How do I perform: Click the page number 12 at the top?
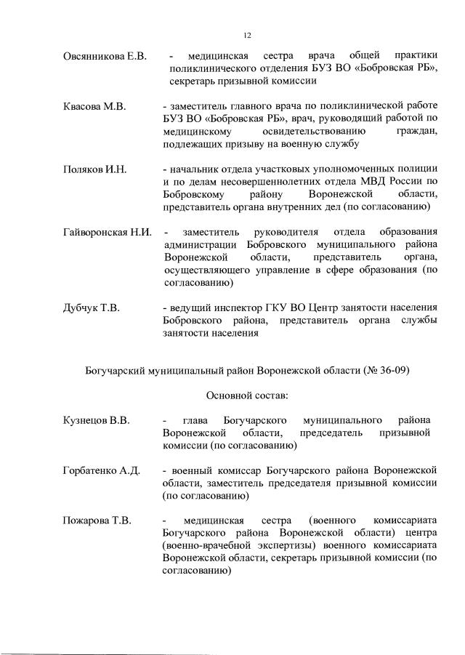click(x=246, y=34)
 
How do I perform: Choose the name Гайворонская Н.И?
click(x=107, y=233)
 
